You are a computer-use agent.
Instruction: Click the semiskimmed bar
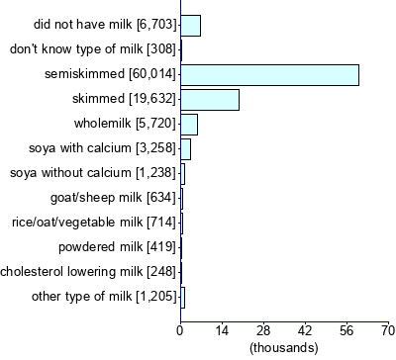point(269,74)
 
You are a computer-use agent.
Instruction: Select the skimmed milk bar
point(210,99)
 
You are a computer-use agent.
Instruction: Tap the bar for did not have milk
point(190,25)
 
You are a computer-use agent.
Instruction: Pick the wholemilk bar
point(189,124)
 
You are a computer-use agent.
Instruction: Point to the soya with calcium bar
point(185,148)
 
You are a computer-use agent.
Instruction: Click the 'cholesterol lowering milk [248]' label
point(88,271)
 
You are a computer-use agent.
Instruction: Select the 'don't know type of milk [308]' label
point(93,48)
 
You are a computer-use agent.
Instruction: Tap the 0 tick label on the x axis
point(180,330)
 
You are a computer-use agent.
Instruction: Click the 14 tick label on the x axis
point(222,330)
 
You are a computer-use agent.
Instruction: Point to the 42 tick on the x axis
point(305,330)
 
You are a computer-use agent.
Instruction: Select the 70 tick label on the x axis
point(387,330)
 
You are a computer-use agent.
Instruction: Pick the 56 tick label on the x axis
point(346,330)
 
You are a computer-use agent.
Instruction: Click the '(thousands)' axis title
point(284,347)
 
